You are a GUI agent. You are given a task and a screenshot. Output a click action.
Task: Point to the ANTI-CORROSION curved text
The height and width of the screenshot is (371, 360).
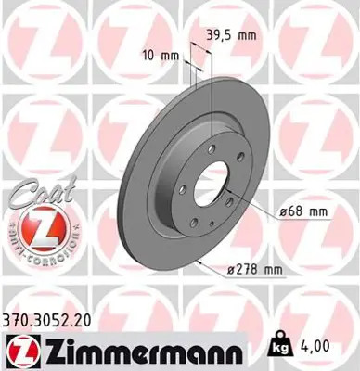point(37,253)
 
